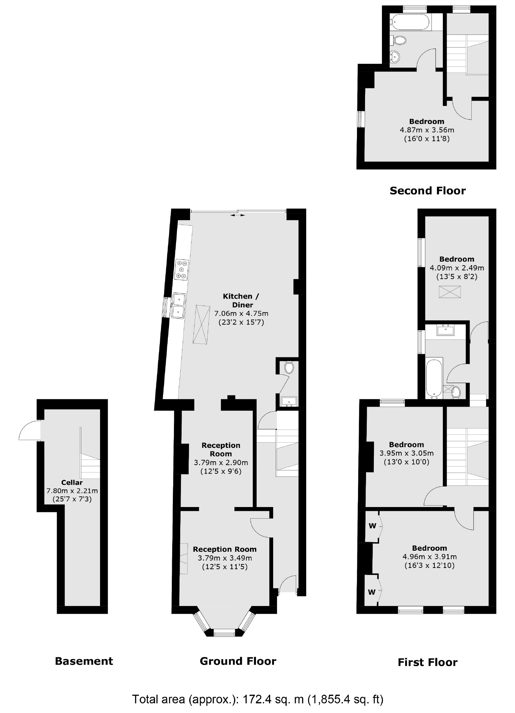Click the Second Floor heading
tap(427, 191)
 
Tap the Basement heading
tap(84, 661)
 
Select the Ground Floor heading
tap(238, 661)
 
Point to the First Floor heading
tap(427, 662)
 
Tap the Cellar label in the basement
tap(72, 482)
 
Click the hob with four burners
tap(182, 270)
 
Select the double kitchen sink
tap(178, 306)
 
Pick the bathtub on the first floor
tap(434, 379)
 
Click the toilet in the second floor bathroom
tap(400, 40)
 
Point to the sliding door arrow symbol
tap(238, 215)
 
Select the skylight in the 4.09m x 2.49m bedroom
tap(450, 292)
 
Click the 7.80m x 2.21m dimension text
tap(72, 490)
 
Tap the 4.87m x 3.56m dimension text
tap(427, 130)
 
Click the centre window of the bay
tap(224, 633)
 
